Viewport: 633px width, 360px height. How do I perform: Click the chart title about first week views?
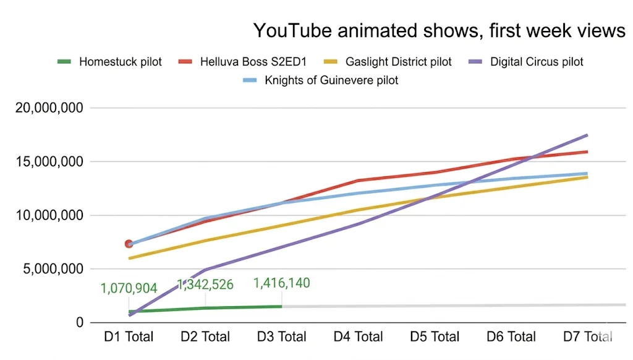(439, 30)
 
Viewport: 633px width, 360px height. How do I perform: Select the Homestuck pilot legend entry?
(120, 62)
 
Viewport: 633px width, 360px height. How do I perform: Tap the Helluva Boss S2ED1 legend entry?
(261, 62)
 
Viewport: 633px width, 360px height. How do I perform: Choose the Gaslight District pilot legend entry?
(398, 62)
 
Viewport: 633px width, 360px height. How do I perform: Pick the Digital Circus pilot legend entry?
(536, 62)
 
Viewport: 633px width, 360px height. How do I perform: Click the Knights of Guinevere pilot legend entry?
(331, 80)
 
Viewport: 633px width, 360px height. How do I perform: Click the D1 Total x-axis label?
(129, 337)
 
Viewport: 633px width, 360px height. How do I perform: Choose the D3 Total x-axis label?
(281, 337)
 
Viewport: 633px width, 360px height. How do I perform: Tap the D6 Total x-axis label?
(511, 337)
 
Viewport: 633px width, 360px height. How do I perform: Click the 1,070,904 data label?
(129, 288)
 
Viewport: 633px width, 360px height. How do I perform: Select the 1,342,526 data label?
(205, 285)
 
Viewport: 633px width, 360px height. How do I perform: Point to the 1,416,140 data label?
(281, 283)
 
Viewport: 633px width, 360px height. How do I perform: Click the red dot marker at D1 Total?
(129, 244)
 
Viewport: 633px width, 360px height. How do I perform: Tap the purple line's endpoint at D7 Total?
(587, 135)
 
